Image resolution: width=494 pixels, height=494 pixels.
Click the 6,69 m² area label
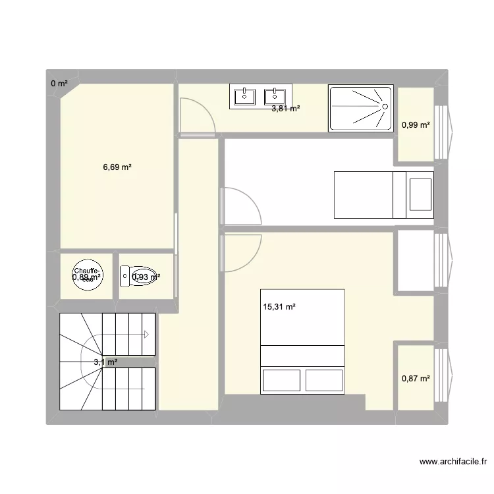(x=117, y=167)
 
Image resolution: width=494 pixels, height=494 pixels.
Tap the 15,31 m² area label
(x=280, y=306)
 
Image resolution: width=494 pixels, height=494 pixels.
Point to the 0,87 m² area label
(x=416, y=378)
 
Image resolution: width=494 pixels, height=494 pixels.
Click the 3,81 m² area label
(x=286, y=109)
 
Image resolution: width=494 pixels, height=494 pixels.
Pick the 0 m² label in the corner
(x=59, y=83)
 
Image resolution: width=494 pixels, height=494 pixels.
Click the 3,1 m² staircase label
(x=105, y=362)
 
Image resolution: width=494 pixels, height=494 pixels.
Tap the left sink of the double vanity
(x=246, y=96)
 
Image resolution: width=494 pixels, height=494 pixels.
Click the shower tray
(x=360, y=107)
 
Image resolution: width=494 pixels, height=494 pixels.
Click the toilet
(x=138, y=277)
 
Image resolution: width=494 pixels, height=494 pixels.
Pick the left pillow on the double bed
(x=282, y=380)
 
